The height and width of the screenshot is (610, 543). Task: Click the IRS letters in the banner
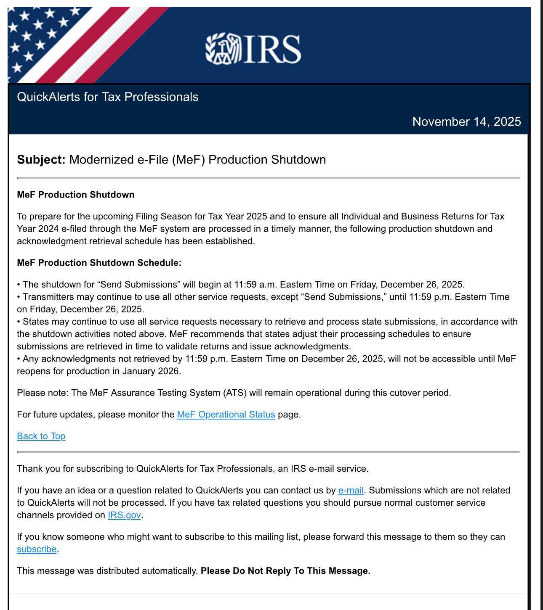click(272, 49)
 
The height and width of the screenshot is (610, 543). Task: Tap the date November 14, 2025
click(466, 121)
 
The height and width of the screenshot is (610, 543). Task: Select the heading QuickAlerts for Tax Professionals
click(107, 97)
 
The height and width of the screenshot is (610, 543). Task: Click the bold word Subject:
click(41, 160)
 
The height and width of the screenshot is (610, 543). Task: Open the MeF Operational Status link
click(226, 415)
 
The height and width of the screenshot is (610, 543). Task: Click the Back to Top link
click(41, 436)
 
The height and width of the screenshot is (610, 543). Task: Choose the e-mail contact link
click(351, 490)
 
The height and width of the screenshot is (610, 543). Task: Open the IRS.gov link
click(124, 515)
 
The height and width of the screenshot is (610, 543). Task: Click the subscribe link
click(37, 549)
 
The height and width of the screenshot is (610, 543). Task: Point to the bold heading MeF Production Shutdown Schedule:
click(99, 263)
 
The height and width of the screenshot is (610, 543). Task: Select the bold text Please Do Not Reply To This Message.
click(285, 571)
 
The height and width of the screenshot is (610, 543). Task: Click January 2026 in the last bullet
click(151, 371)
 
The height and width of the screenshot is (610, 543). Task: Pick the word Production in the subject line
click(238, 160)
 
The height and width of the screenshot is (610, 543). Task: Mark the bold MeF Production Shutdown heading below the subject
click(76, 195)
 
